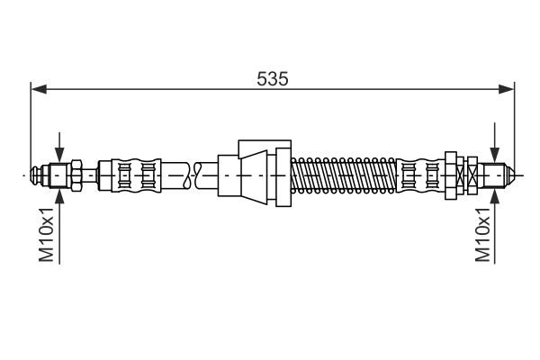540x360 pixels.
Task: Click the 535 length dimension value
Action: (272, 79)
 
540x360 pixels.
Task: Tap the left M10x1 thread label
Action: (46, 234)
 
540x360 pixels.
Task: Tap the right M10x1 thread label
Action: (482, 234)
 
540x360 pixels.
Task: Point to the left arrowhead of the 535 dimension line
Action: (39, 89)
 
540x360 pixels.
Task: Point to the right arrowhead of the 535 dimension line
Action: (506, 89)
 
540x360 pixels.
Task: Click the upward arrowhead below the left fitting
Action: (59, 196)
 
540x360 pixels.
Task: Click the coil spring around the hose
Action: (344, 175)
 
